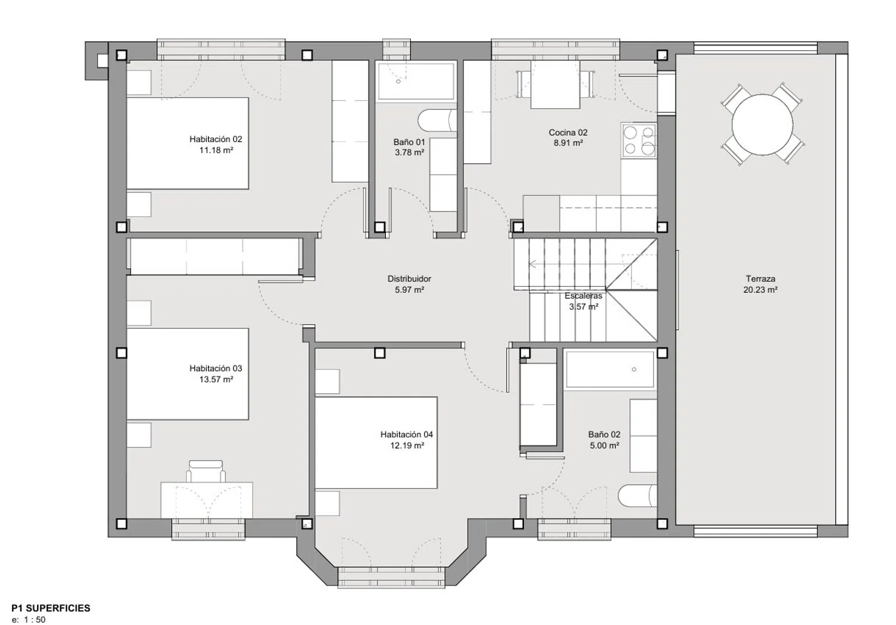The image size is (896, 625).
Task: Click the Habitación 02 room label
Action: (x=216, y=139)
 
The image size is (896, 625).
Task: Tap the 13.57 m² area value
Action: (x=216, y=379)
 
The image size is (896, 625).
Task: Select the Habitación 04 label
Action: (x=406, y=434)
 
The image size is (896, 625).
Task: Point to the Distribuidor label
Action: (x=409, y=278)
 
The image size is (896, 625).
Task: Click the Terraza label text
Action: (x=760, y=278)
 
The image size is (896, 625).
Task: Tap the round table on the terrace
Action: (x=762, y=125)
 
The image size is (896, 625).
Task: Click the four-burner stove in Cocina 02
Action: (x=639, y=140)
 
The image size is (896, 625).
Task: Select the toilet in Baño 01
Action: (x=437, y=120)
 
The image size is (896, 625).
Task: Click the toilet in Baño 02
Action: (x=637, y=497)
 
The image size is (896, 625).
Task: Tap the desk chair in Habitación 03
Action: (x=206, y=471)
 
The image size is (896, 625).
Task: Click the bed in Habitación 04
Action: (x=376, y=443)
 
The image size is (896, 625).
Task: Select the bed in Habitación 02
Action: (x=188, y=143)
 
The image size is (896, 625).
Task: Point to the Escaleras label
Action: (x=583, y=296)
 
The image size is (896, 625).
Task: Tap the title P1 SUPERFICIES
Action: (x=51, y=608)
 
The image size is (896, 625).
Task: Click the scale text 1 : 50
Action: (x=35, y=620)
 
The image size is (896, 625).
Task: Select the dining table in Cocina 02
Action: (x=555, y=84)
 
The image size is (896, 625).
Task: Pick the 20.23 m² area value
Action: (x=760, y=290)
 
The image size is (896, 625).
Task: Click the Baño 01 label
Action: (x=409, y=142)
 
